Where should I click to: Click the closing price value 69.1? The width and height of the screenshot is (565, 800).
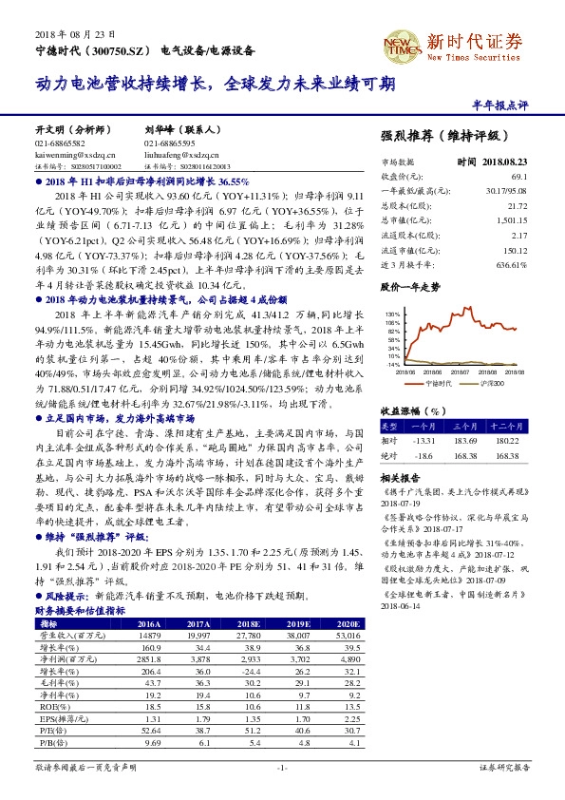pos(518,177)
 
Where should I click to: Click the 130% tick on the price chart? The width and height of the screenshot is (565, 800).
pos(392,313)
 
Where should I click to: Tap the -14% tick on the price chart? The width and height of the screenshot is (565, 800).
pos(392,364)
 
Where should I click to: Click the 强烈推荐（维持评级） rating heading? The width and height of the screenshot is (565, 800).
pos(438,137)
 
